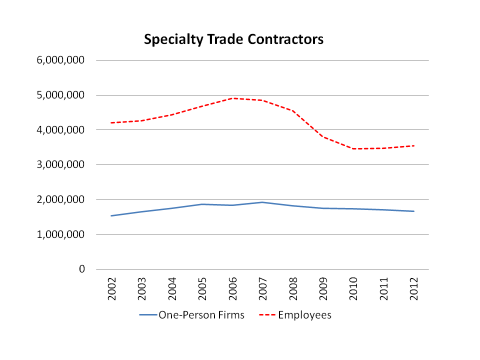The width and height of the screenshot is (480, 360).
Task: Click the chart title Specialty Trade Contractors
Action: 233,39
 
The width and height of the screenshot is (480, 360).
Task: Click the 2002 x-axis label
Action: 111,288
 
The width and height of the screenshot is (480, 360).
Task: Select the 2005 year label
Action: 202,288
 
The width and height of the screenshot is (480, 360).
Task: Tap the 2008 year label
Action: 293,288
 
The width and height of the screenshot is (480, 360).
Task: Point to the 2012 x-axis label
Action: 413,288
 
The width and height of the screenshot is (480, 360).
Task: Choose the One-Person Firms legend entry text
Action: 201,315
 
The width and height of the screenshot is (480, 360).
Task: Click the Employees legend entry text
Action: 304,315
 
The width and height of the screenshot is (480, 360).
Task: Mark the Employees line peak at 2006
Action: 232,98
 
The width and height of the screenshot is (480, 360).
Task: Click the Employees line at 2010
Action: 353,148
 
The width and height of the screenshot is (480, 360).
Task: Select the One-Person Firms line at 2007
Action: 262,202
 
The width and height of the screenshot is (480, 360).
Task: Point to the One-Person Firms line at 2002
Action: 111,215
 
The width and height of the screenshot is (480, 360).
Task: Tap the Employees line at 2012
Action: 413,145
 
